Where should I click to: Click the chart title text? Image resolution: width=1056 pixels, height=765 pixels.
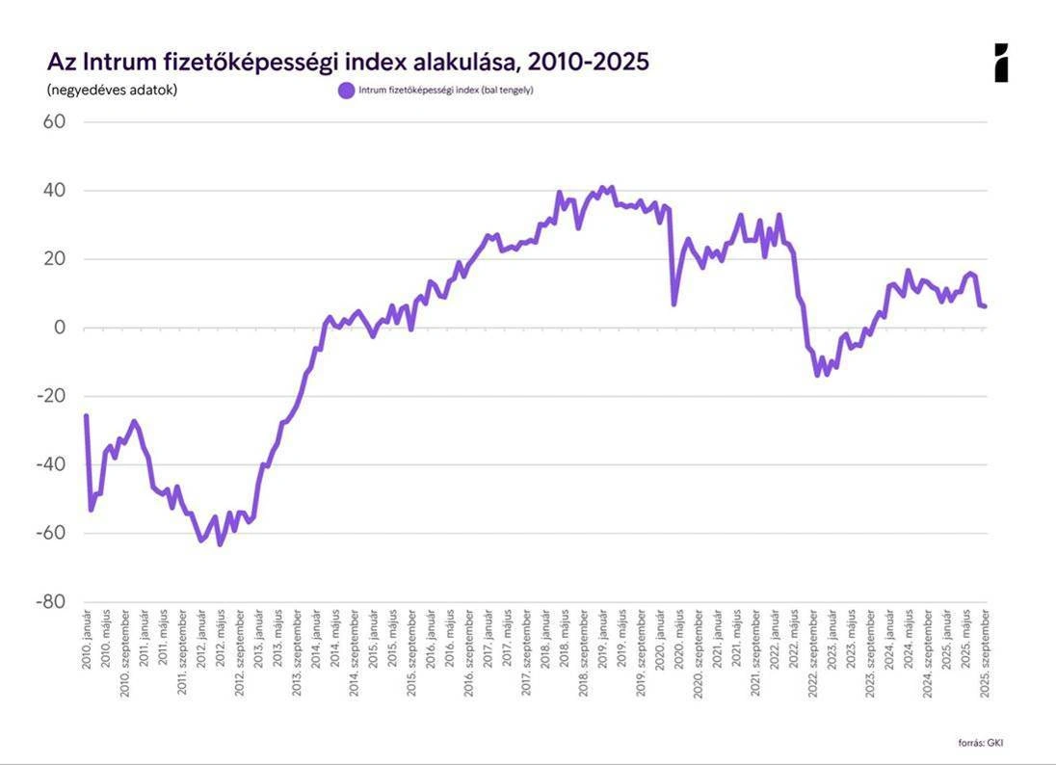click(x=348, y=63)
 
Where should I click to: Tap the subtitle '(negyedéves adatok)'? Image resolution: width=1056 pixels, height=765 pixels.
click(x=112, y=91)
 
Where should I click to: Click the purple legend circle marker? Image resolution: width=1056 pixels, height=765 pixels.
click(x=346, y=91)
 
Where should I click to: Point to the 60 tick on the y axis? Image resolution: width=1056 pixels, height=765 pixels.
click(x=54, y=122)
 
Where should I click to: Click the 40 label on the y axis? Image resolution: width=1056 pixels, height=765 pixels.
click(x=54, y=191)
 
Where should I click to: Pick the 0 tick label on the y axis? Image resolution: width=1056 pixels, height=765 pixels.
click(x=59, y=328)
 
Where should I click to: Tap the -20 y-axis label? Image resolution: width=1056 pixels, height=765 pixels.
click(x=50, y=396)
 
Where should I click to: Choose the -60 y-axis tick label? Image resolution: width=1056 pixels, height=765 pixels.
click(x=50, y=533)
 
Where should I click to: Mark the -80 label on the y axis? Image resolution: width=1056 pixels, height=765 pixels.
click(x=50, y=601)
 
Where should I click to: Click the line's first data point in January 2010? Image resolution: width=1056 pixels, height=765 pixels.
click(x=86, y=416)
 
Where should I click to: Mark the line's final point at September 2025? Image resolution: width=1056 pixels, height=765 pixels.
click(x=985, y=306)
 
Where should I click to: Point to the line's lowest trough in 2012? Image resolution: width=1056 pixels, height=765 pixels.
click(x=220, y=544)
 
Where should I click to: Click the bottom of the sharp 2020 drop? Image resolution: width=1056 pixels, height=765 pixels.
click(x=673, y=304)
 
